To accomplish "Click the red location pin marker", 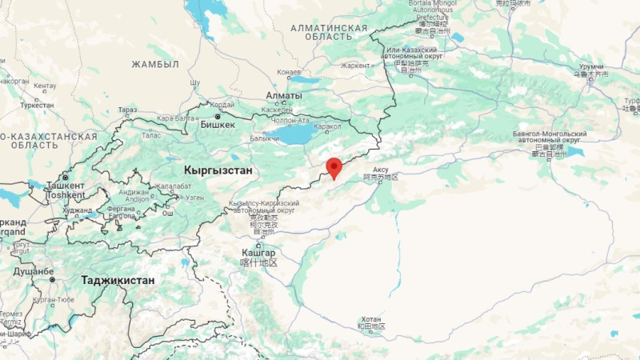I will (x=334, y=167).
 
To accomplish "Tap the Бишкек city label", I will (x=218, y=125).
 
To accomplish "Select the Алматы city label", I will (x=285, y=96).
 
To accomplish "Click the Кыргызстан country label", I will (x=218, y=170).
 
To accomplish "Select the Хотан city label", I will (x=373, y=318).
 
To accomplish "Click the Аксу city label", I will (x=381, y=170).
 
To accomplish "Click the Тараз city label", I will (x=127, y=110).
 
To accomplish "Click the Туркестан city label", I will (x=37, y=105).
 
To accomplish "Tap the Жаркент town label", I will (x=355, y=66).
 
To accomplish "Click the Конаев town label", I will (x=289, y=72).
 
